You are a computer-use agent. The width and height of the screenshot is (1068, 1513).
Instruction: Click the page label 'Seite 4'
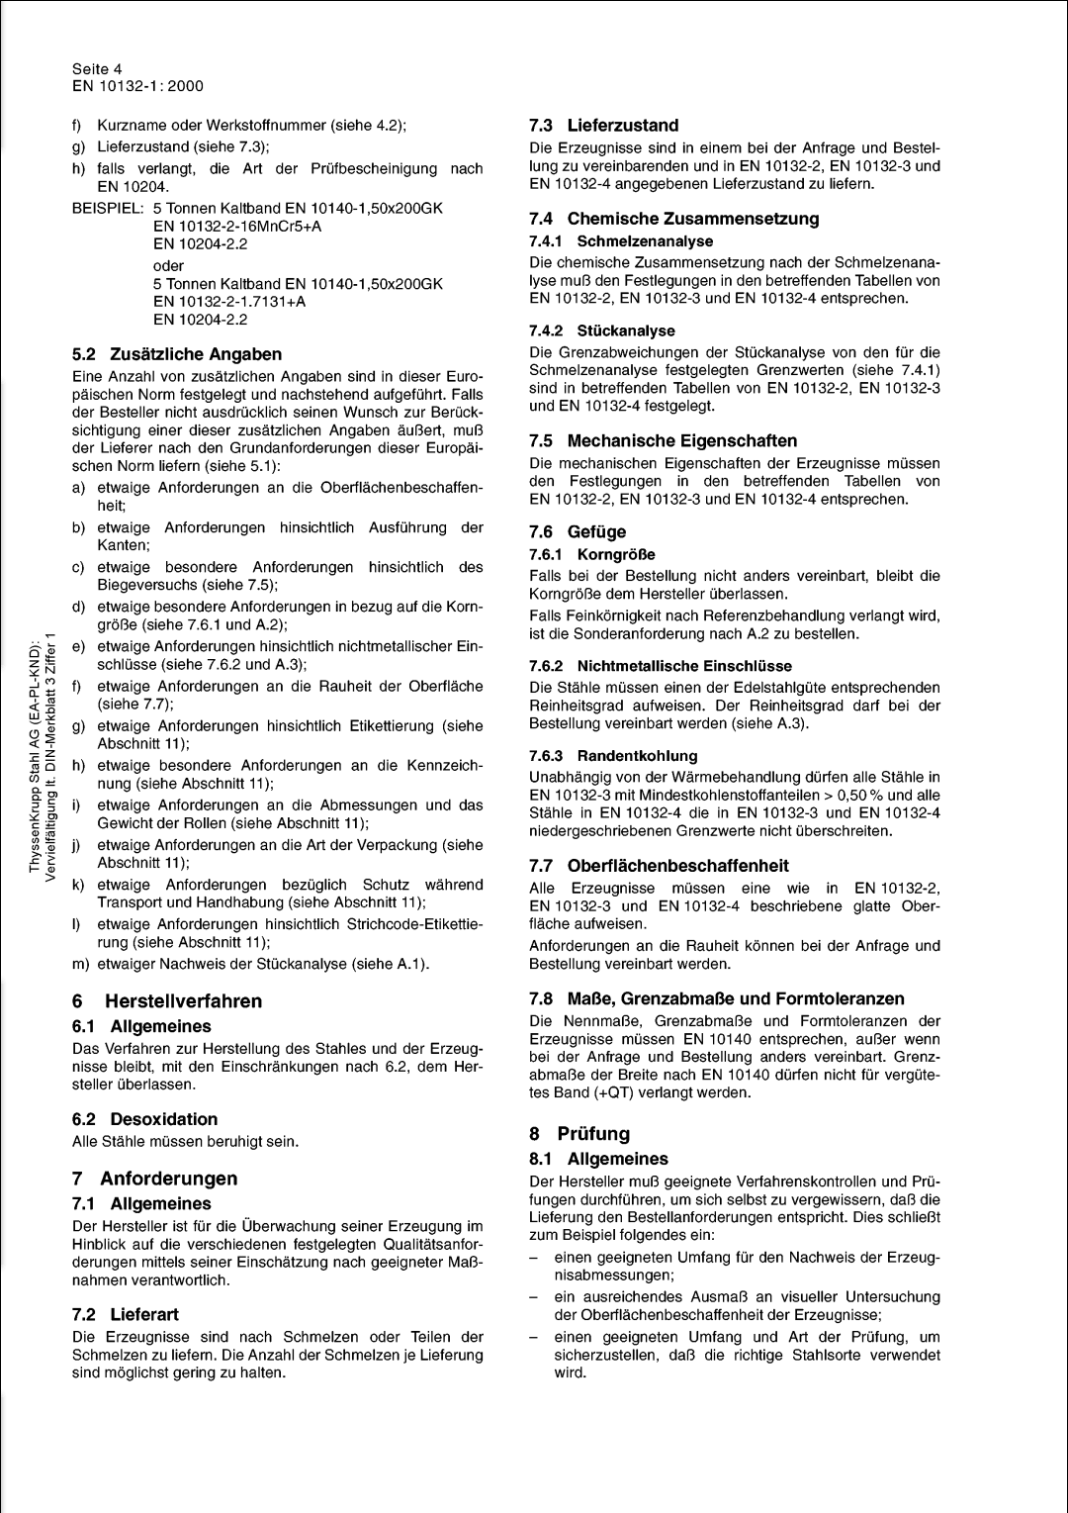click(x=97, y=69)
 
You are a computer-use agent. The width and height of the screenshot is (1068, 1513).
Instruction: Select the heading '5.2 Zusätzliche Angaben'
click(x=177, y=354)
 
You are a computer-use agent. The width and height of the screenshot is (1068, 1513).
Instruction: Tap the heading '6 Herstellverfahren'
click(x=167, y=1001)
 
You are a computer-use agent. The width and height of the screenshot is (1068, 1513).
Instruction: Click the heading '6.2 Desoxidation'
click(x=144, y=1119)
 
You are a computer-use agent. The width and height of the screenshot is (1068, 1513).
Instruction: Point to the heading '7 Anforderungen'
click(x=154, y=1179)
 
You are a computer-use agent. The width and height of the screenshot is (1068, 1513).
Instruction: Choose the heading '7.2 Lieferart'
click(x=126, y=1314)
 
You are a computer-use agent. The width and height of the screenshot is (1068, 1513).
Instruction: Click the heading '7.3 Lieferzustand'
click(x=603, y=126)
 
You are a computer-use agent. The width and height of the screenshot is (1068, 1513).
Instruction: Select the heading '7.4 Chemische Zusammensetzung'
click(x=673, y=219)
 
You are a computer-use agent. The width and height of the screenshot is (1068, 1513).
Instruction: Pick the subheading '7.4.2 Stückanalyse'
click(x=602, y=331)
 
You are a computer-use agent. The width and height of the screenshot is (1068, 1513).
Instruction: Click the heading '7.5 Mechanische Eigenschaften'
click(x=663, y=441)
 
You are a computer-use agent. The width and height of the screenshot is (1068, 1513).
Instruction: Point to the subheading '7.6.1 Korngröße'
click(x=592, y=554)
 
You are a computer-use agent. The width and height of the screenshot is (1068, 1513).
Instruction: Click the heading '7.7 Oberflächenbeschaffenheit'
click(x=659, y=866)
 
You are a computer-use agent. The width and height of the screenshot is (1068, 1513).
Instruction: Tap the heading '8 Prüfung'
click(x=579, y=1134)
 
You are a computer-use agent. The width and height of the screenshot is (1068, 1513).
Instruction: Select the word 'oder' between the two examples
click(x=169, y=265)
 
